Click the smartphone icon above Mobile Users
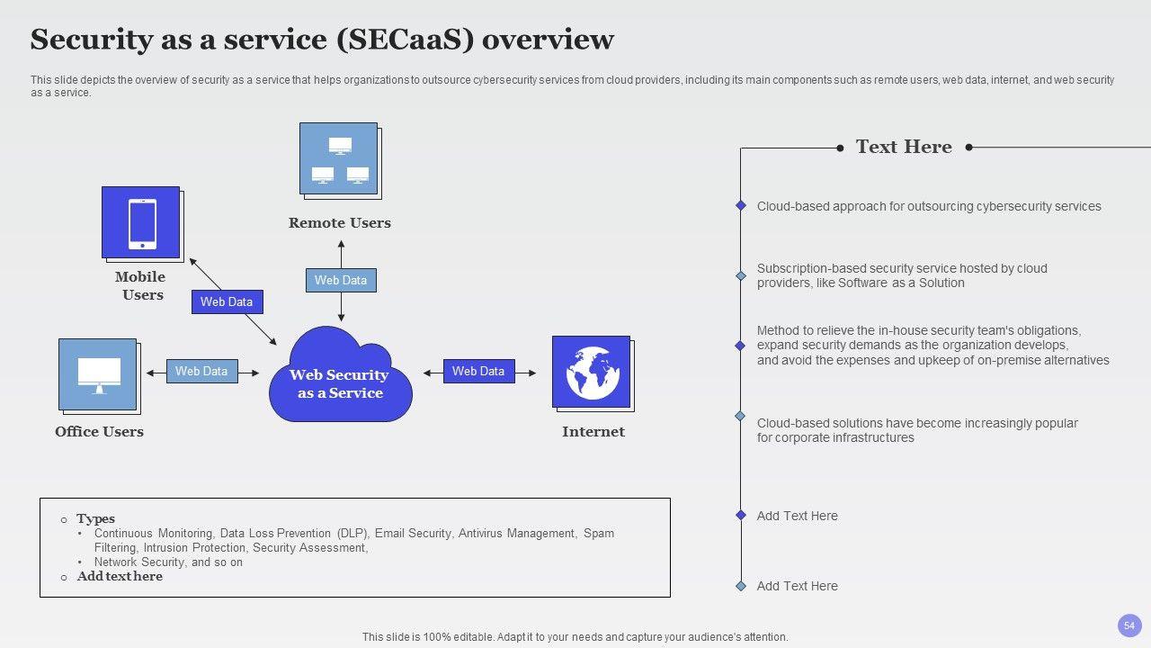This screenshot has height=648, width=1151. [142, 224]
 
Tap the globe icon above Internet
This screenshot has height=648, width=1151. [593, 373]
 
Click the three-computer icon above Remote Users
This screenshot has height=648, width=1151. [340, 160]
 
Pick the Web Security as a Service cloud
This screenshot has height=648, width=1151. [340, 374]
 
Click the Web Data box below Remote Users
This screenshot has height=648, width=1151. [341, 280]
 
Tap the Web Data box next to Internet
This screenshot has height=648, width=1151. [479, 371]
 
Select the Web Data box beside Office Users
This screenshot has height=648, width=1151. [202, 371]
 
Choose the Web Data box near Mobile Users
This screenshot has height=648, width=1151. [228, 301]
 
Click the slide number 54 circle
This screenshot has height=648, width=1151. [1129, 625]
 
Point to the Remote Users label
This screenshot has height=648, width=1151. [340, 223]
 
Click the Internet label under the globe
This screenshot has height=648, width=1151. [593, 432]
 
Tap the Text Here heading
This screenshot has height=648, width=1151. [904, 147]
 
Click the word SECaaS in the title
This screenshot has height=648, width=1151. [405, 40]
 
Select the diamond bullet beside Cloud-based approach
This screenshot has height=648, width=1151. [740, 206]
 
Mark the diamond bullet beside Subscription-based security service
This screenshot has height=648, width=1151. [740, 275]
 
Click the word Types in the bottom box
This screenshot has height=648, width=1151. [95, 518]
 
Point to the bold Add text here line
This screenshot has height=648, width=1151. [120, 577]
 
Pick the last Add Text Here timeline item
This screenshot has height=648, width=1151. [797, 586]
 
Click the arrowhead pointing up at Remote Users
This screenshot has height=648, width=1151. [341, 244]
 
